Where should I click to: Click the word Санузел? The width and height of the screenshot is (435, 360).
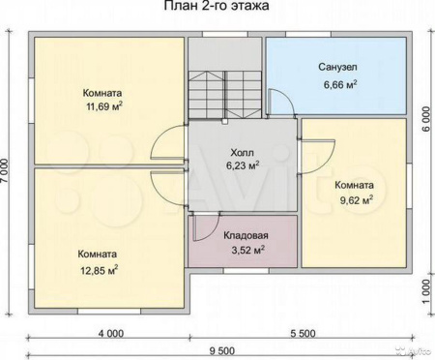(337, 69)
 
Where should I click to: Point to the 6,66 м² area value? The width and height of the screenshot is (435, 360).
(337, 84)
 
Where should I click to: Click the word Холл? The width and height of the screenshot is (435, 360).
(242, 153)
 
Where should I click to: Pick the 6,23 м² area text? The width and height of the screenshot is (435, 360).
(242, 166)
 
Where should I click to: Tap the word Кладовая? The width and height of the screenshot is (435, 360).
(246, 235)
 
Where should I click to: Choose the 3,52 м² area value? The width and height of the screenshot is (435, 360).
(246, 251)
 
